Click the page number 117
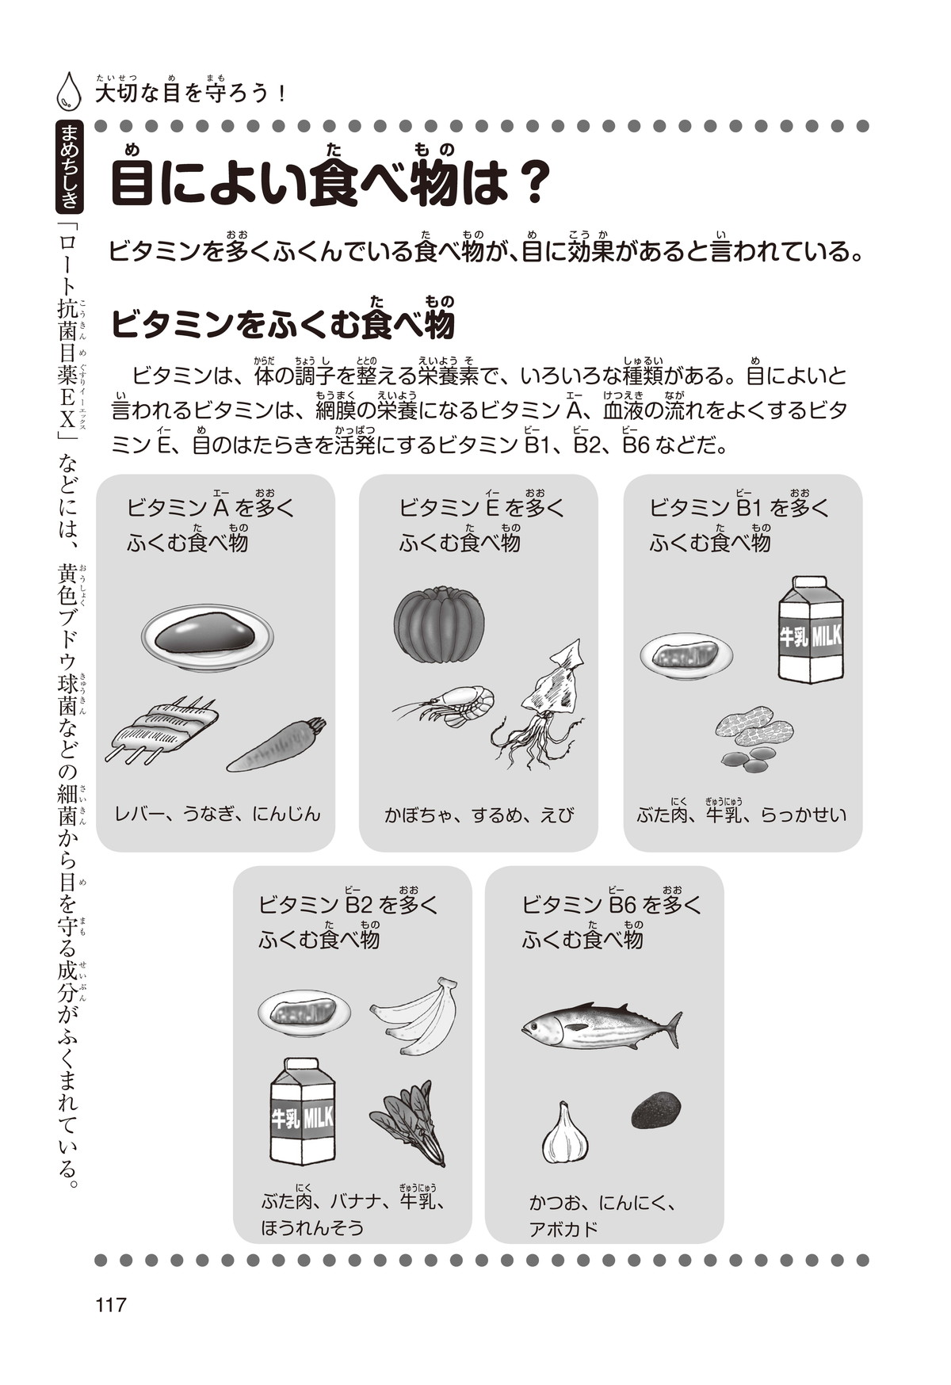[110, 1304]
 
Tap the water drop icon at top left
[69, 90]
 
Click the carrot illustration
[277, 745]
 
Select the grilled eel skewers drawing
[162, 730]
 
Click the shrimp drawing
[445, 704]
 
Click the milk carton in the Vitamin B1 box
[811, 630]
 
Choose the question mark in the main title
[524, 183]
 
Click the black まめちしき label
[70, 166]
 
